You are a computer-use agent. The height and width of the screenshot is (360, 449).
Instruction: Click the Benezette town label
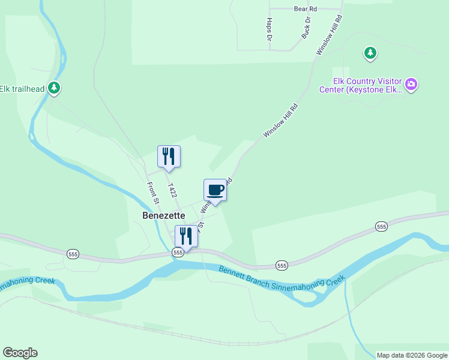[163, 215]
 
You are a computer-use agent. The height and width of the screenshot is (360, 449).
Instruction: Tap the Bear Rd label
[305, 9]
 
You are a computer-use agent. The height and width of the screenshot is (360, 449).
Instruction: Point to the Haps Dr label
[268, 29]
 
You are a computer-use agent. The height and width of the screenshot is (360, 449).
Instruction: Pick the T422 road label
[173, 191]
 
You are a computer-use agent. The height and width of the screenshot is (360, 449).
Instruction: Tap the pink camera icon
[411, 85]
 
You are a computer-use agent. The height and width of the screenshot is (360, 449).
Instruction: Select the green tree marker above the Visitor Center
[370, 53]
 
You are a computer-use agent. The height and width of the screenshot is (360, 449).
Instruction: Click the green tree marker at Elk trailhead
[55, 89]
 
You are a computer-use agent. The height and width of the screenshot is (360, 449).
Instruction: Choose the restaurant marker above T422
[169, 156]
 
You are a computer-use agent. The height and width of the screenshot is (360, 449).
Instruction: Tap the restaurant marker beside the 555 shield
[186, 235]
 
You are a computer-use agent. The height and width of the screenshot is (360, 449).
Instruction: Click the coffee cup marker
[215, 190]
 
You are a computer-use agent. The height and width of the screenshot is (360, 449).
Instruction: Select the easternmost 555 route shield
[381, 226]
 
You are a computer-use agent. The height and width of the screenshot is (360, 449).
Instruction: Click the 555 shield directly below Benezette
[178, 253]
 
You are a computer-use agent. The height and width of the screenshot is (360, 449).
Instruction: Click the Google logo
[20, 353]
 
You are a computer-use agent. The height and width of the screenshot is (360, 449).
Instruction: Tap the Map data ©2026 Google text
[412, 355]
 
